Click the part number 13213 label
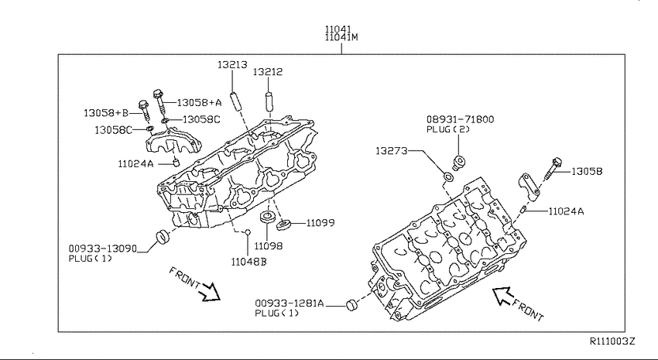tap(232, 64)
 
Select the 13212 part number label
tap(267, 72)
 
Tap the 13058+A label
tap(199, 102)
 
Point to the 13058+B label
tap(106, 113)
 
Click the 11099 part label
tap(320, 223)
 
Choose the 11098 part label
tap(268, 246)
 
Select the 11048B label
tap(248, 262)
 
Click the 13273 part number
tap(392, 151)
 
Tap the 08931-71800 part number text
tap(461, 119)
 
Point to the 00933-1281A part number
tap(290, 303)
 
